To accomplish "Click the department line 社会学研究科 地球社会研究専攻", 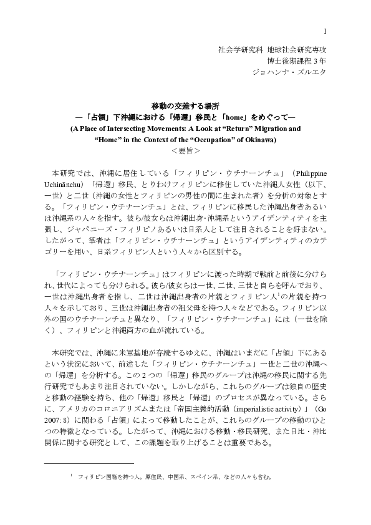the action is coord(272,49).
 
